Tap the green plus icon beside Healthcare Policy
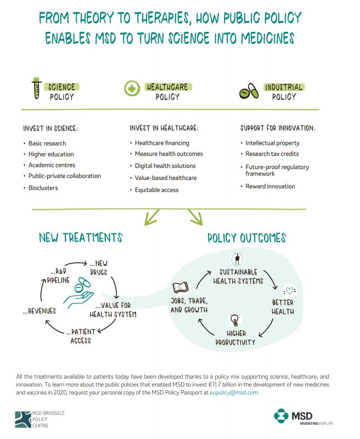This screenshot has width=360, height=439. [131, 90]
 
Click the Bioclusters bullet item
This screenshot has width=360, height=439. [43, 188]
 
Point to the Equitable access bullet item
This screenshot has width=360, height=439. [156, 190]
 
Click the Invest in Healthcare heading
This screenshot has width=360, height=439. [164, 128]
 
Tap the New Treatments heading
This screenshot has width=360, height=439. [81, 238]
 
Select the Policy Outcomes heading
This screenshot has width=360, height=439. [246, 238]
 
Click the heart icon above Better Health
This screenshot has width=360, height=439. [289, 291]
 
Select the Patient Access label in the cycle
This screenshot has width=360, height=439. [79, 336]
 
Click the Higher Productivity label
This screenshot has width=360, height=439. [234, 338]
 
